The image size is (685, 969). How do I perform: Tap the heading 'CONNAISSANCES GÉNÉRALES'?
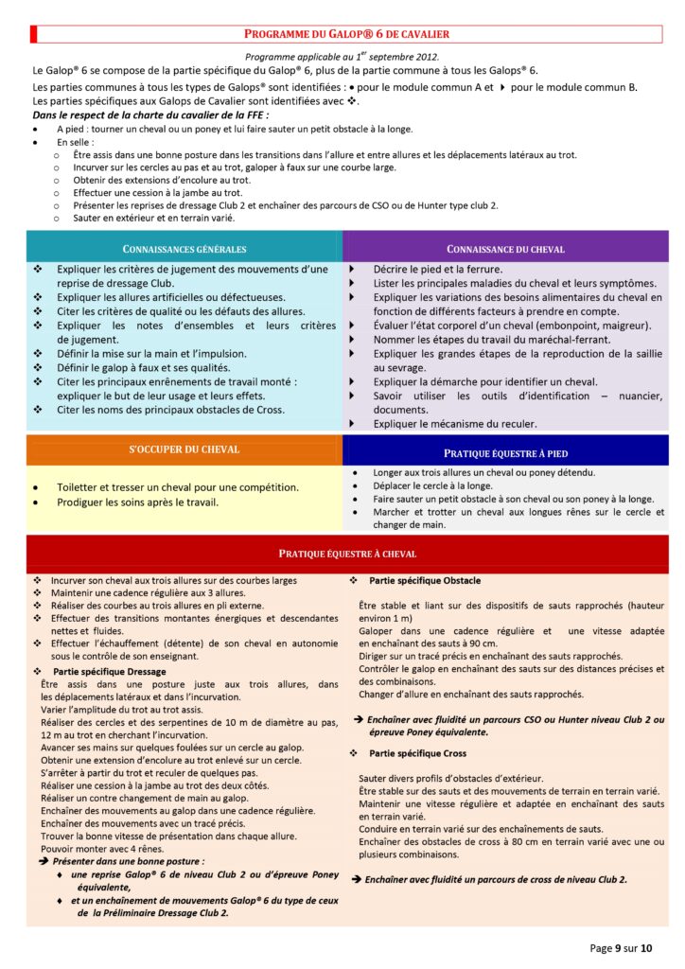184,249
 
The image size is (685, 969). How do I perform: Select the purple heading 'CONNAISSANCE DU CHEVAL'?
505,249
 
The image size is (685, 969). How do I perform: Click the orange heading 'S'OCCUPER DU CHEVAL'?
184,449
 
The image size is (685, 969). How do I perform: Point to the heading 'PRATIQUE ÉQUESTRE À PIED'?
505,453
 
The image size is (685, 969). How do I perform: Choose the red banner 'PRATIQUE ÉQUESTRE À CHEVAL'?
347,554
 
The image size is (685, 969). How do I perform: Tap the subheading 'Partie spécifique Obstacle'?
425,580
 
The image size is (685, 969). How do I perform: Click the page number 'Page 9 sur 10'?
622,947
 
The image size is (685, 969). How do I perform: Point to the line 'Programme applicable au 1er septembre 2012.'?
342,57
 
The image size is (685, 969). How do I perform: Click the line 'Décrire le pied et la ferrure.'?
437,270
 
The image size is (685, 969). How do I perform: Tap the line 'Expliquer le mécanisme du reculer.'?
455,424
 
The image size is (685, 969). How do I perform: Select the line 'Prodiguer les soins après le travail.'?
137,502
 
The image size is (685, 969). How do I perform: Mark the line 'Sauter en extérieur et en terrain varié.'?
153,218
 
